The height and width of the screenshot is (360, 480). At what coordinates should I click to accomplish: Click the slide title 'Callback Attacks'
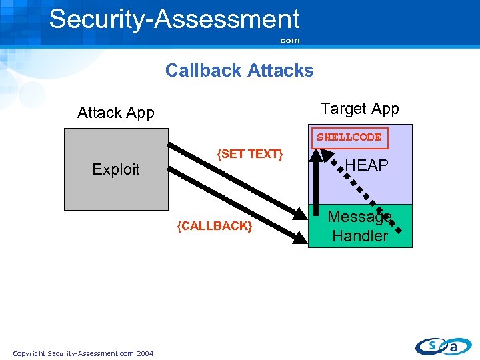pyautogui.click(x=239, y=71)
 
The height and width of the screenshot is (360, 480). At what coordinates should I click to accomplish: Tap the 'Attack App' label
pyautogui.click(x=116, y=113)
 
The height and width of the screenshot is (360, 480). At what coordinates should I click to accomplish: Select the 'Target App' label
pyautogui.click(x=360, y=109)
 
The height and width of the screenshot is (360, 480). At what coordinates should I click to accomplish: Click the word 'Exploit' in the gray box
pyautogui.click(x=116, y=169)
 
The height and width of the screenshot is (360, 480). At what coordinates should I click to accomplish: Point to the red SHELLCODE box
pyautogui.click(x=349, y=137)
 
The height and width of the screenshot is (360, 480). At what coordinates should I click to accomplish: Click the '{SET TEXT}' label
pyautogui.click(x=251, y=154)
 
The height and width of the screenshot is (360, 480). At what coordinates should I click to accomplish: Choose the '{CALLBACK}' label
pyautogui.click(x=215, y=226)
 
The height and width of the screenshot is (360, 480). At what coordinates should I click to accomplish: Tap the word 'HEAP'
pyautogui.click(x=367, y=165)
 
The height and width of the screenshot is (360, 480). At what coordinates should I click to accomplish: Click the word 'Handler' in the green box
pyautogui.click(x=360, y=236)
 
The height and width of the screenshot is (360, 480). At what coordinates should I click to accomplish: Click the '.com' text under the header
pyautogui.click(x=289, y=41)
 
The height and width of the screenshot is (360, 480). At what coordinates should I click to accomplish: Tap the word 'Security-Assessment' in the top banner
pyautogui.click(x=174, y=19)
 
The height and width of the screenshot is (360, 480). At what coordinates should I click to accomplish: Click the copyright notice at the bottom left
pyautogui.click(x=83, y=353)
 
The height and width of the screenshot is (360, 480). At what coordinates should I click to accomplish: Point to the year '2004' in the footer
pyautogui.click(x=145, y=353)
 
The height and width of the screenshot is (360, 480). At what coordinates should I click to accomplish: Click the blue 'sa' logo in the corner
pyautogui.click(x=443, y=345)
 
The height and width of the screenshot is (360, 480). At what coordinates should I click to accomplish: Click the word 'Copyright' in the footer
pyautogui.click(x=29, y=353)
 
